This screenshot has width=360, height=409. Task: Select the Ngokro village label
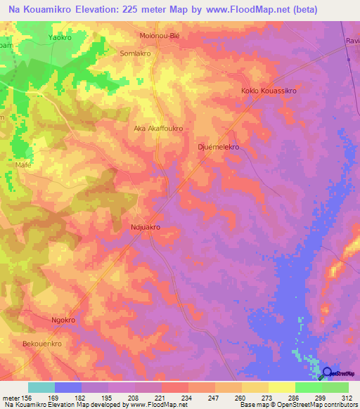63,320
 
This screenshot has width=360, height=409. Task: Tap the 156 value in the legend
28,398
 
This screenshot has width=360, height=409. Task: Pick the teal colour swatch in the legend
41,387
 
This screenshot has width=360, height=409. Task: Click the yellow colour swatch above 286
281,387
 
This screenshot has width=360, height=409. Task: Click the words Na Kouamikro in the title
39,10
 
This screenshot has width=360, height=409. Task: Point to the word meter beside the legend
11,398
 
